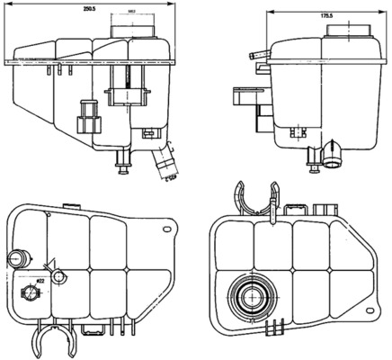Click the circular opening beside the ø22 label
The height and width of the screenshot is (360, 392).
click(x=58, y=275)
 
